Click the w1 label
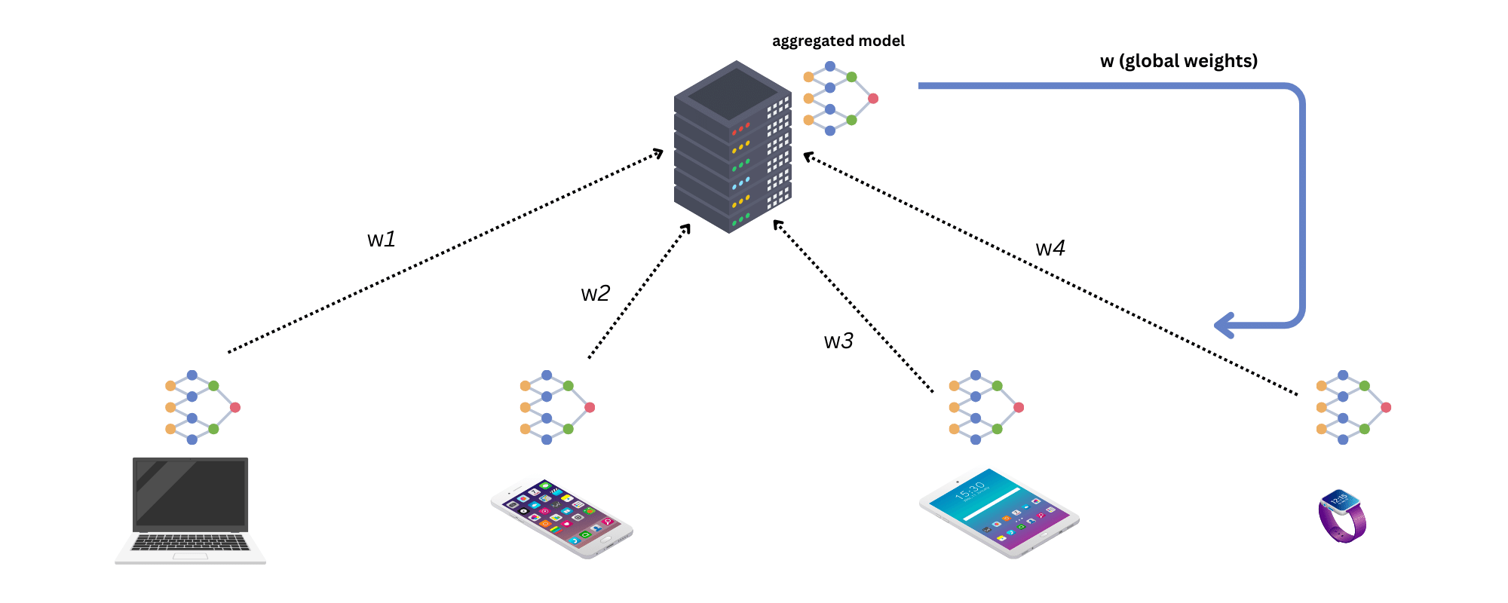click(x=381, y=240)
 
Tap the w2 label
click(x=595, y=294)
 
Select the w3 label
click(x=838, y=341)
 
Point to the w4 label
click(x=1050, y=249)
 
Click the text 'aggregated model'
click(x=838, y=41)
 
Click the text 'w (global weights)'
click(x=1179, y=61)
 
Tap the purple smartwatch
click(x=1342, y=516)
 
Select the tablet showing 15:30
click(x=999, y=513)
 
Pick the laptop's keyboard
click(x=191, y=542)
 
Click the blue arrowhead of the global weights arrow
click(x=1223, y=326)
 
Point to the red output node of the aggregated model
click(x=873, y=99)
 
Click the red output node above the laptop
click(x=235, y=408)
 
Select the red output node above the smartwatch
click(x=1386, y=408)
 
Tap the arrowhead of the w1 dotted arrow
click(x=659, y=153)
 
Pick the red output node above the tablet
click(x=1019, y=408)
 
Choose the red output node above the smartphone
click(x=590, y=408)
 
